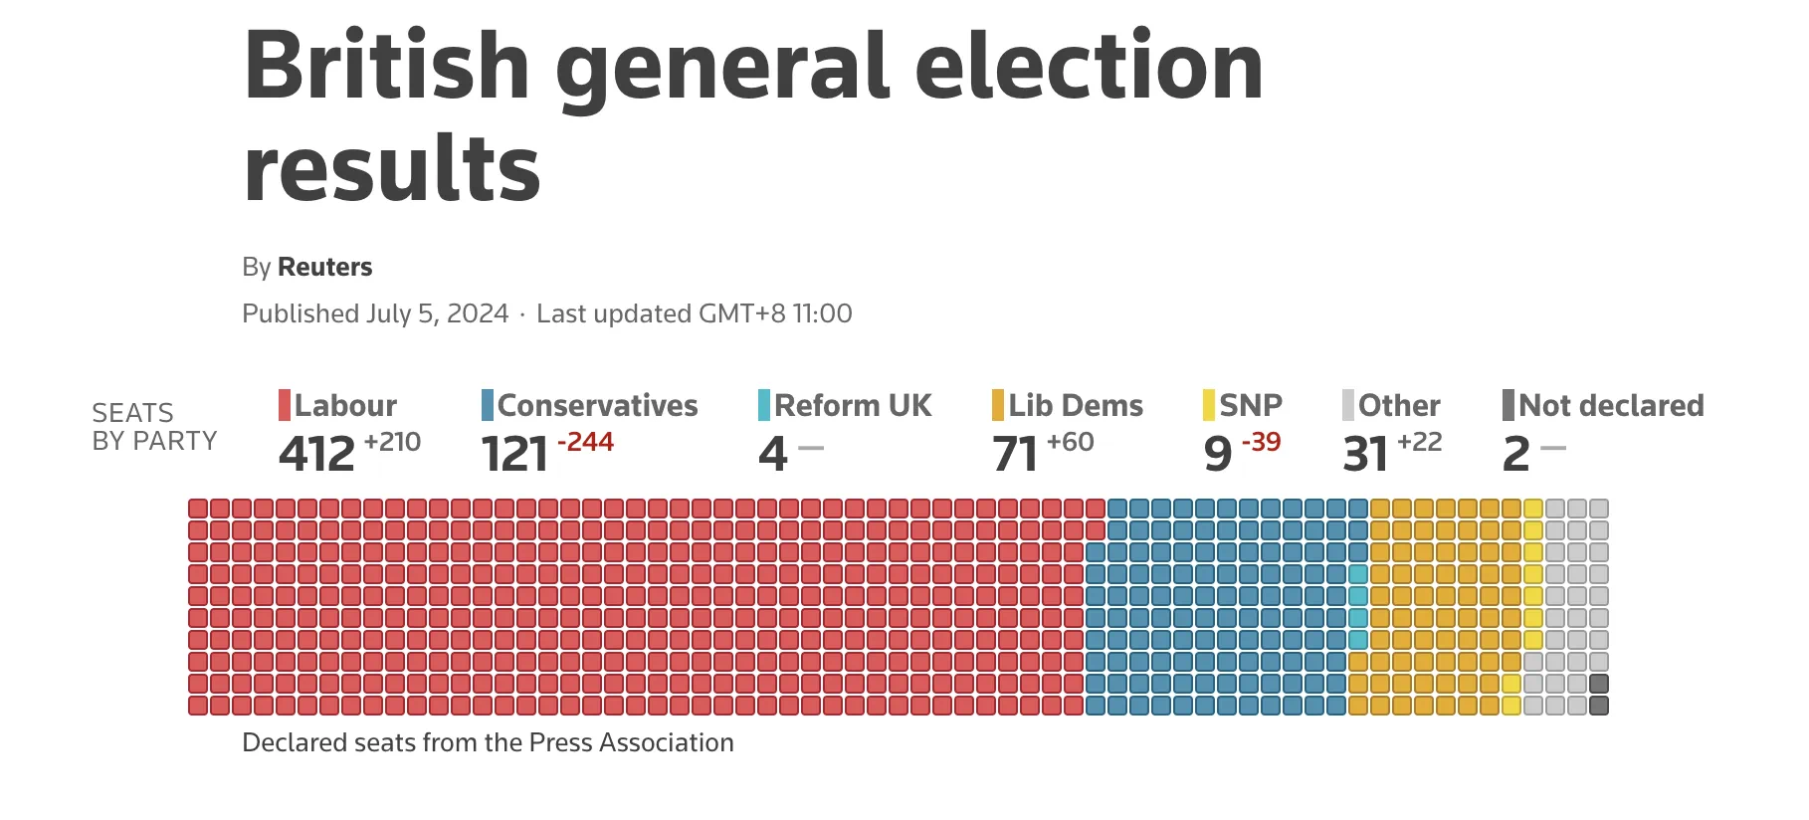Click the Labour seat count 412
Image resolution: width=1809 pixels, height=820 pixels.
click(316, 454)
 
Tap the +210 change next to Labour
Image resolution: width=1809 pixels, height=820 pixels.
click(392, 442)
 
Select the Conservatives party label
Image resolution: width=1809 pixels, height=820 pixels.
click(597, 406)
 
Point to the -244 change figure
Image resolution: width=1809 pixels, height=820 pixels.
click(585, 442)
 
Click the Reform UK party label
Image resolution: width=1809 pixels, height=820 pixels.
click(853, 406)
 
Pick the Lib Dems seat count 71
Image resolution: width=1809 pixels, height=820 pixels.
click(1015, 454)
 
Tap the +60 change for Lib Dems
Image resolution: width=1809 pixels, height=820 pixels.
click(1070, 442)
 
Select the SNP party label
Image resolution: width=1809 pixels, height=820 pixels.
click(1251, 406)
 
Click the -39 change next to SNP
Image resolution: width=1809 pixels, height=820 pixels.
click(1261, 442)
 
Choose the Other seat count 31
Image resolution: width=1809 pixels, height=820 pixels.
click(1365, 454)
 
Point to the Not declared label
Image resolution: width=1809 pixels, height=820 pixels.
click(1611, 406)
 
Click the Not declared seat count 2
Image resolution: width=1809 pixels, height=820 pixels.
click(1515, 454)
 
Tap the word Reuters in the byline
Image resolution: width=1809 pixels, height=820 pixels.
click(324, 267)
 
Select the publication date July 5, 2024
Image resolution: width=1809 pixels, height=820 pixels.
click(437, 313)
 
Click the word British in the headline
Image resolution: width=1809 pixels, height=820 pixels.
click(386, 66)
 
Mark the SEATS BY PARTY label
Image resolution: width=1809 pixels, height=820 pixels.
click(153, 427)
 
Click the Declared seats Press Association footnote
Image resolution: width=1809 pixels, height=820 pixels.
click(488, 742)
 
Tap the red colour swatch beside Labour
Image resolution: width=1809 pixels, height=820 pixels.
click(285, 406)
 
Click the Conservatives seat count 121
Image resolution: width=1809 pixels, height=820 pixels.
click(514, 454)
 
